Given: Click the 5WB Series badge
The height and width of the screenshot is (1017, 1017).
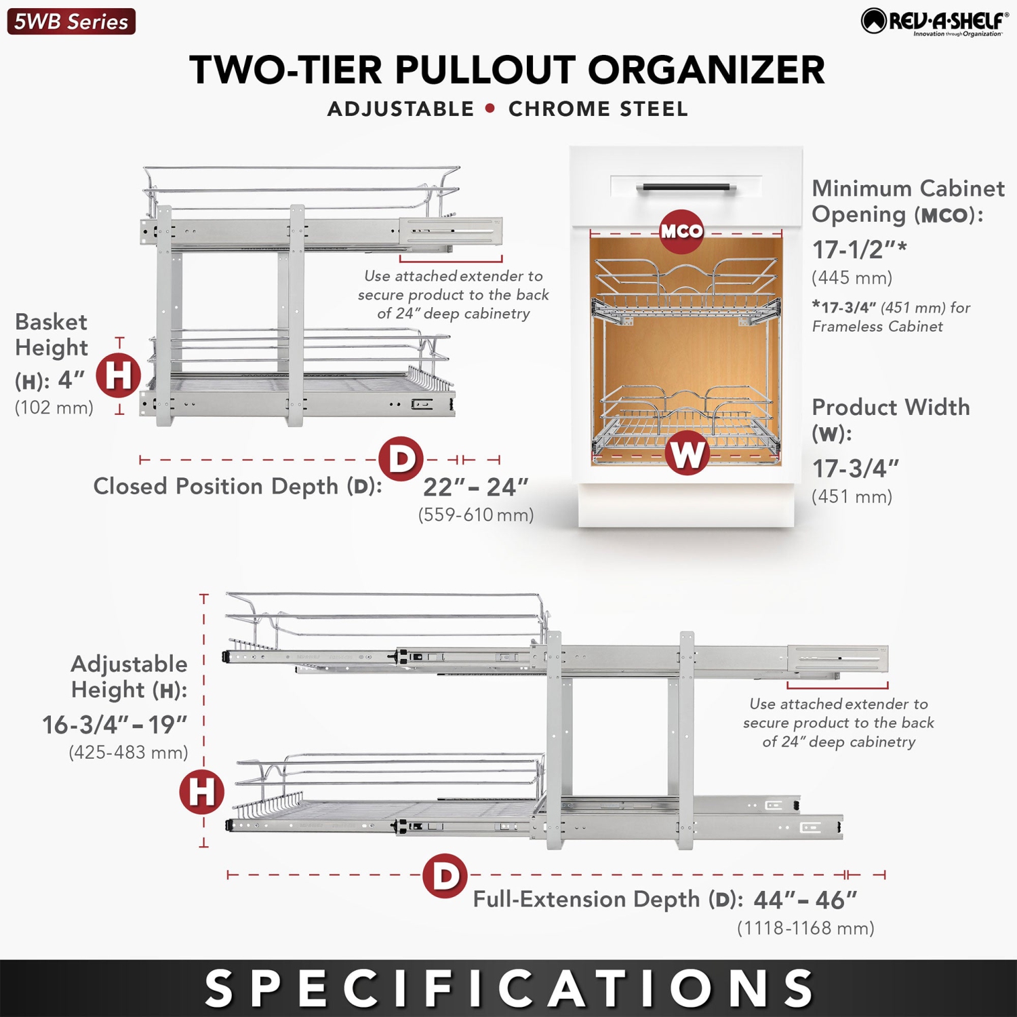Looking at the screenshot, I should click(71, 22).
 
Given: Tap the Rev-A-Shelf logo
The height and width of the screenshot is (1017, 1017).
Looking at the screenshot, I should click(934, 22).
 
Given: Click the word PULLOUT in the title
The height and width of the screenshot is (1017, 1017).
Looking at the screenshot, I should click(484, 70).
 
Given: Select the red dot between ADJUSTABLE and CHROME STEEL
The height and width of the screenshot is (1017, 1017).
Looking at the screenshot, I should click(490, 108).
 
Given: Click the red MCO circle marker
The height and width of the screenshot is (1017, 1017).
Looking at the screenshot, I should click(681, 231).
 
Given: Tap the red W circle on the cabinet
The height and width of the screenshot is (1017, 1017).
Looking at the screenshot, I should click(687, 453).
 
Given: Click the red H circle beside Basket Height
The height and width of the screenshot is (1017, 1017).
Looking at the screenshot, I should click(119, 376).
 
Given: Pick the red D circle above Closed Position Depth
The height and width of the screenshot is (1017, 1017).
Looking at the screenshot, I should click(401, 459).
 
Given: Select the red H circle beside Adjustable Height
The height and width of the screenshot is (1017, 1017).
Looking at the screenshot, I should click(201, 792).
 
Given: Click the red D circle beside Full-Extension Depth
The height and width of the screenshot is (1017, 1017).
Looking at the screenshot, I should click(445, 876).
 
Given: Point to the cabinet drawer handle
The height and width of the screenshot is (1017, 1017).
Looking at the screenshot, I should click(686, 187).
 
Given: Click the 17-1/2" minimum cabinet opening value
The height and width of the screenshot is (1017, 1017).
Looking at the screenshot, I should click(859, 250).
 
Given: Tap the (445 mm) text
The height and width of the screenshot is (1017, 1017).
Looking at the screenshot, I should click(852, 278).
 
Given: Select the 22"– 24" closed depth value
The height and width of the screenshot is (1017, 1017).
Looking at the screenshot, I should click(475, 487).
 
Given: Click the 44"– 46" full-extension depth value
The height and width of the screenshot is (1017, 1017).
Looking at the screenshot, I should click(805, 900).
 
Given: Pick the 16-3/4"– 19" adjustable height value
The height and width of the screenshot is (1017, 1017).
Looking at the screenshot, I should click(115, 725).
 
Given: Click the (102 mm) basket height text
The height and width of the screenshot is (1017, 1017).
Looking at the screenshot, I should click(54, 407).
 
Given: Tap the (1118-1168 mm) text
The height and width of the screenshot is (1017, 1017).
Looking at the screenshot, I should click(805, 928).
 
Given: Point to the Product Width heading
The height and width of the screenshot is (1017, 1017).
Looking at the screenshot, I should click(890, 407).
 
